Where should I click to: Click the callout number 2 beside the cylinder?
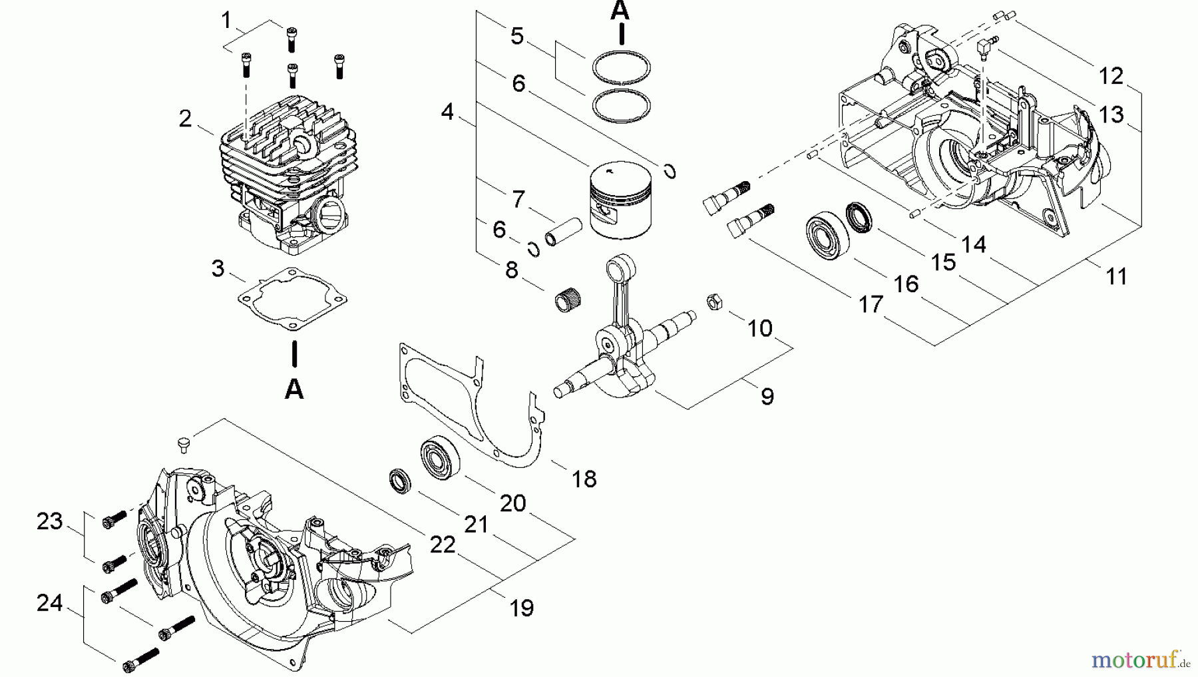[x=185, y=118]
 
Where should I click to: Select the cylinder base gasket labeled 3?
[x=293, y=300]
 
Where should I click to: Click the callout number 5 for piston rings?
[x=517, y=35]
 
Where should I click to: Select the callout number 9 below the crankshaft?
[x=767, y=396]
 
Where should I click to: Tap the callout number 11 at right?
[x=1116, y=276]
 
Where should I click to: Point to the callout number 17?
[x=871, y=304]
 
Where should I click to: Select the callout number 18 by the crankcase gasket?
[x=584, y=478]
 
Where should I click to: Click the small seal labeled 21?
[x=400, y=481]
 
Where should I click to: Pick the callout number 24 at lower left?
[x=50, y=602]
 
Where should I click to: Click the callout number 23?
[x=50, y=521]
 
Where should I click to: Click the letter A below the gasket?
[x=294, y=389]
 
